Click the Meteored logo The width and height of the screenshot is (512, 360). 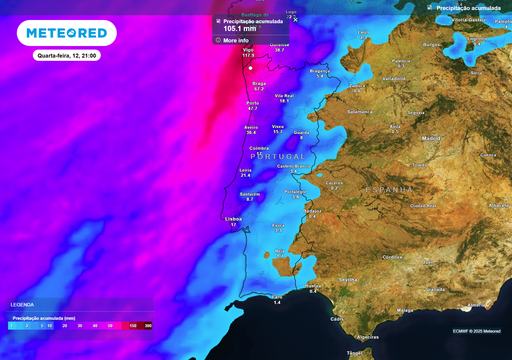tap(67, 33)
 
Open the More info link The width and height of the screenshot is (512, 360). tap(236, 41)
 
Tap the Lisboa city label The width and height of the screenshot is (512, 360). tap(234, 217)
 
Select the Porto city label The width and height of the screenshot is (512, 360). tap(252, 102)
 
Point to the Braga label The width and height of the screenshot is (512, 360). tap(257, 84)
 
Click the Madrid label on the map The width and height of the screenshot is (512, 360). tap(431, 138)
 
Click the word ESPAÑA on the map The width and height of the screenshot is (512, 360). tap(388, 189)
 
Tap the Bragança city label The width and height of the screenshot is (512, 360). tap(320, 71)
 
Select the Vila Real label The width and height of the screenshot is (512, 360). tap(284, 96)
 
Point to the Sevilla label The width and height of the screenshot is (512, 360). tap(348, 280)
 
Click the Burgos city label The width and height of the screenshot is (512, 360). tap(431, 44)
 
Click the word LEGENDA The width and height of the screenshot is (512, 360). tap(22, 304)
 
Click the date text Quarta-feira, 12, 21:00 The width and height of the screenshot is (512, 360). tap(66, 57)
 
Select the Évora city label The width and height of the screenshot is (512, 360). tap(278, 225)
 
